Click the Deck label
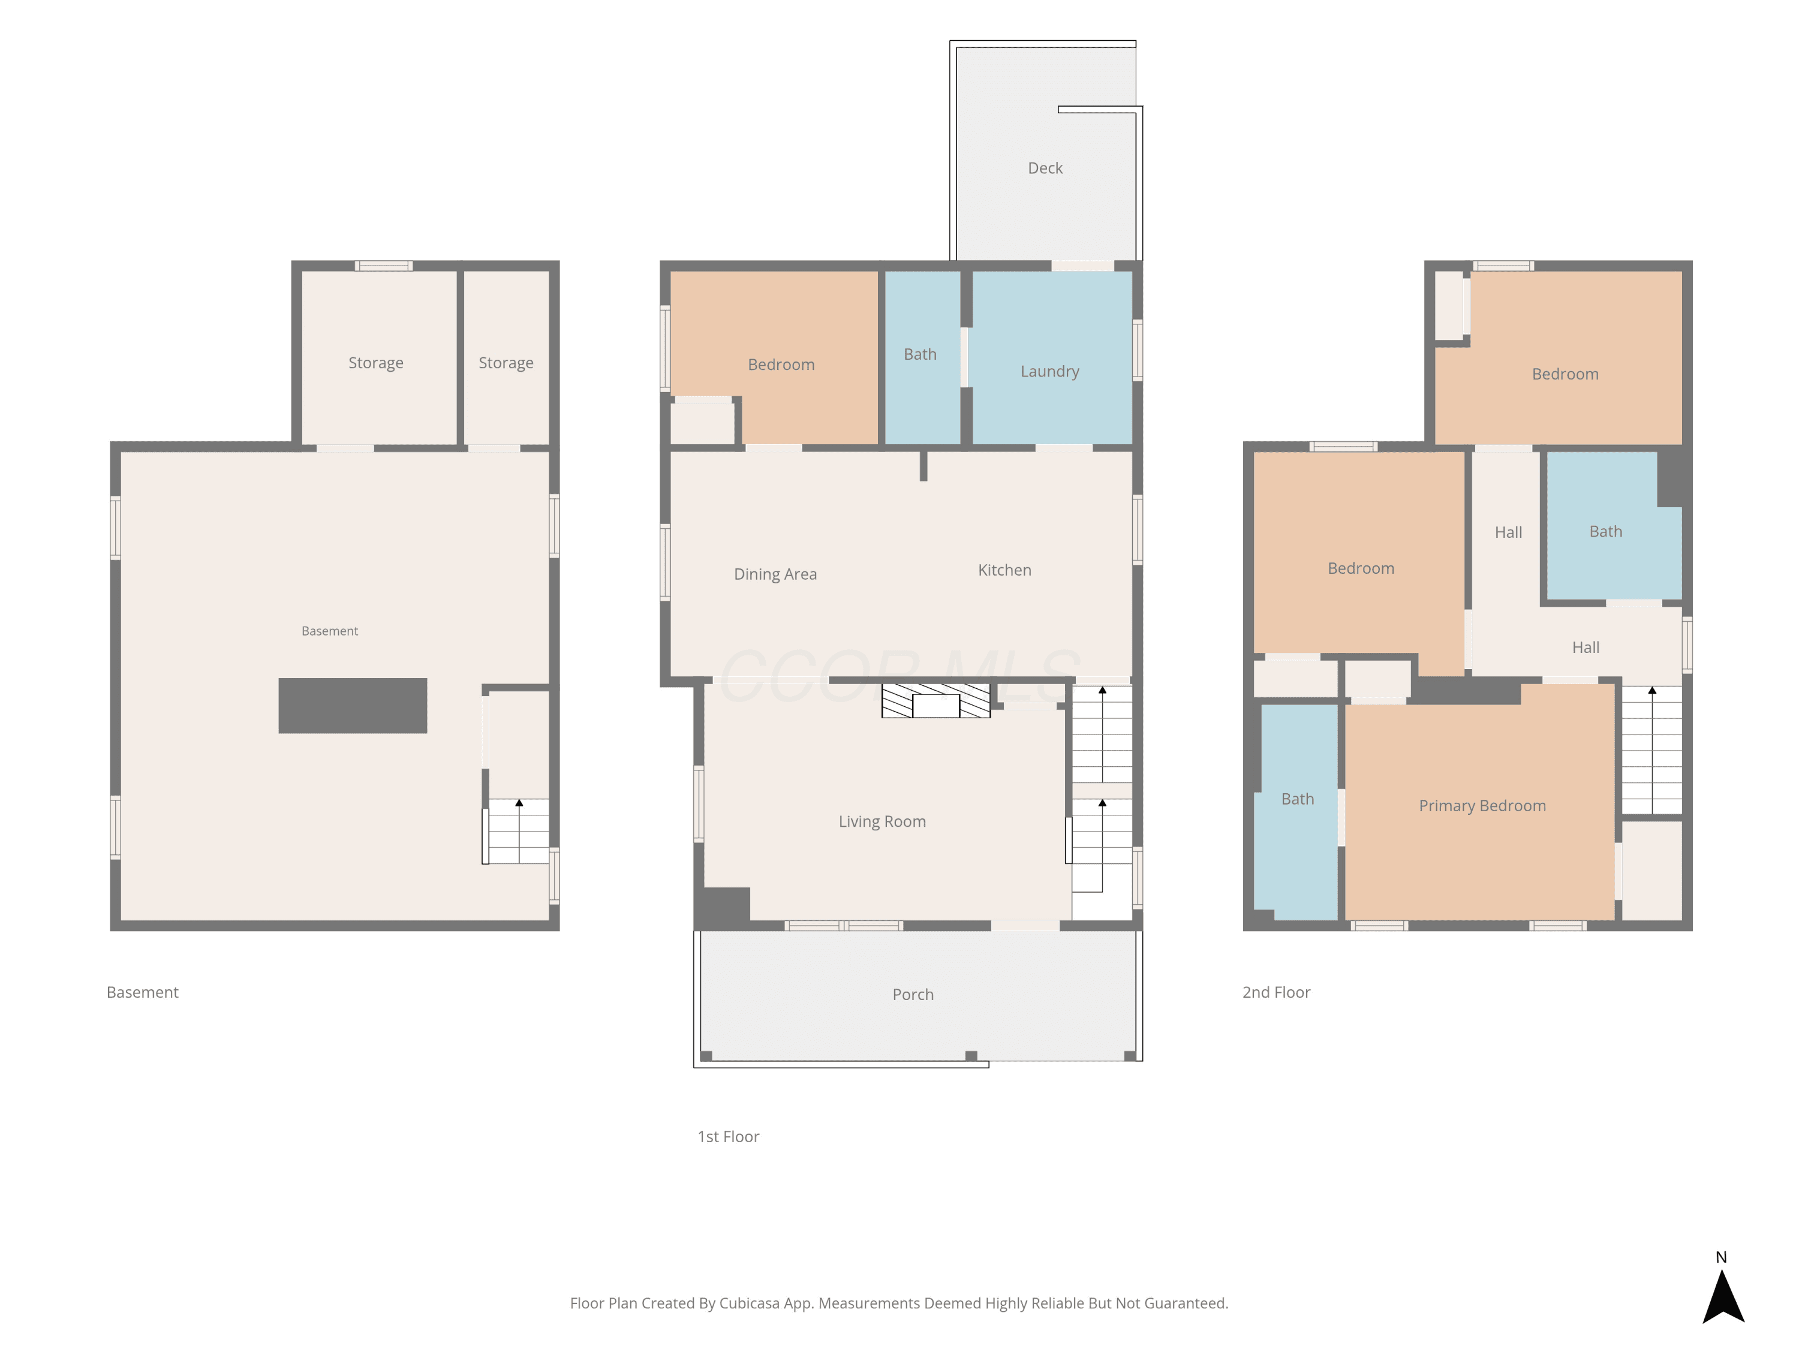tap(1045, 168)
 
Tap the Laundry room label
tap(1050, 372)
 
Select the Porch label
tap(913, 995)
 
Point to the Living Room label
tap(883, 821)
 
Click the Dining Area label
tap(775, 574)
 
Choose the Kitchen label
tap(1004, 570)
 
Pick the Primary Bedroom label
tap(1482, 806)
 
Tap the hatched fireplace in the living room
tap(936, 701)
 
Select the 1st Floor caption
tap(728, 1137)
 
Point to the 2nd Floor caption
tap(1276, 992)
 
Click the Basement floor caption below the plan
tap(142, 992)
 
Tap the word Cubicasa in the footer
tap(749, 1303)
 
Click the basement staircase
tap(518, 831)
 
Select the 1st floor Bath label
tap(920, 354)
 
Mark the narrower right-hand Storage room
tap(507, 358)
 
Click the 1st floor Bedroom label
tap(781, 365)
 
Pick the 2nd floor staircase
tap(1652, 749)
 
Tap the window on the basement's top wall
tap(384, 266)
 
